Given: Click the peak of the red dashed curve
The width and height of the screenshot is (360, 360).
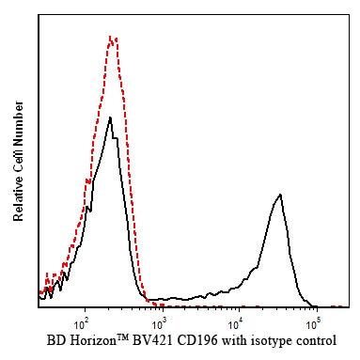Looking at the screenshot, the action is tap(110, 37).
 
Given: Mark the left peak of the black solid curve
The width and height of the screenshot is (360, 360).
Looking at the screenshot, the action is tap(110, 117).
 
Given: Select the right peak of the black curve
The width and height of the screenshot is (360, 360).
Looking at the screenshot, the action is tap(280, 195).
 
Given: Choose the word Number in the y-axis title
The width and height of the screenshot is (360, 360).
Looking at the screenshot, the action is tap(18, 124).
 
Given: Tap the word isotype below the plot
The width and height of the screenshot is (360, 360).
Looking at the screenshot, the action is tap(271, 341).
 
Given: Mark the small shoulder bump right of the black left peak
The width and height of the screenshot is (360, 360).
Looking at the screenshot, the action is tap(116, 138).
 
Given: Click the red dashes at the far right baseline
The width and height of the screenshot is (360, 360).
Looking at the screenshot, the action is tap(337, 306).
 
